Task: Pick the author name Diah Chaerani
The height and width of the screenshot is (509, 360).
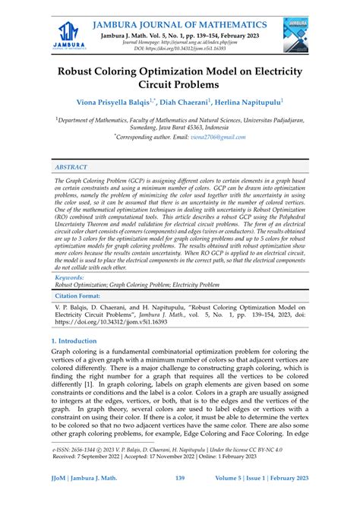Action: tap(179, 101)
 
